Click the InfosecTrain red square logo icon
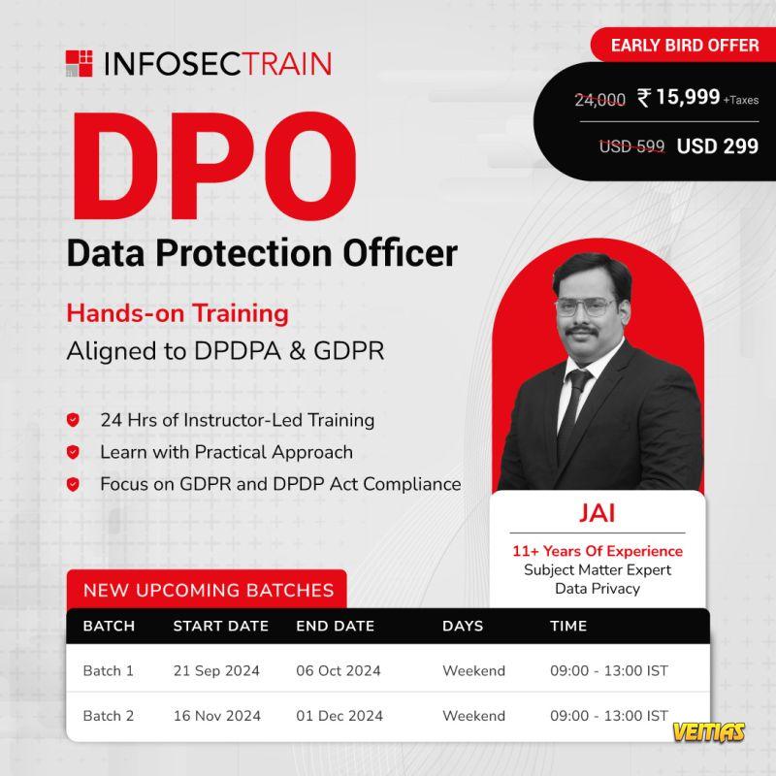tap(80, 63)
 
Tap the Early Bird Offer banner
tap(684, 45)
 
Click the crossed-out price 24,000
tap(599, 100)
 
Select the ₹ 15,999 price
tap(678, 97)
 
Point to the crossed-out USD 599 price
tap(632, 146)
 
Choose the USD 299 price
tap(717, 146)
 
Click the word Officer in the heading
tap(401, 253)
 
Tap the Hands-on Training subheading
tap(178, 313)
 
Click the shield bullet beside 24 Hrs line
tap(74, 420)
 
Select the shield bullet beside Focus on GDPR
tap(74, 484)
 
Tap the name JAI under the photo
tap(598, 513)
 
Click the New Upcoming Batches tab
tap(207, 590)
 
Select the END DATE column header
tap(335, 626)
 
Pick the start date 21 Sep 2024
tap(216, 670)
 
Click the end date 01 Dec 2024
tap(339, 716)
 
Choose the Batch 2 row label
tap(109, 716)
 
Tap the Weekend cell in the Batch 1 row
tap(473, 670)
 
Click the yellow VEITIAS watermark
tap(709, 732)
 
